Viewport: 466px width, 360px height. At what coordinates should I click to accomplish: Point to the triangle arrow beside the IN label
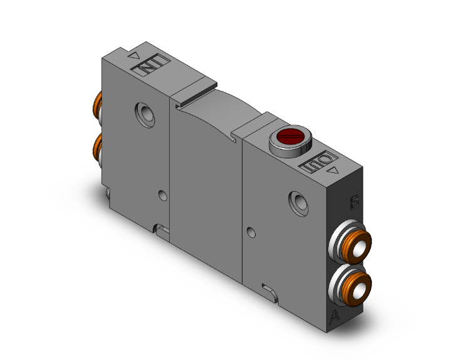tap(133, 56)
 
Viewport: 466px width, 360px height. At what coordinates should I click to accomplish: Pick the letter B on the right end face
tap(354, 202)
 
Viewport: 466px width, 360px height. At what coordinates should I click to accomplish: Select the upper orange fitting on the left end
tap(97, 105)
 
